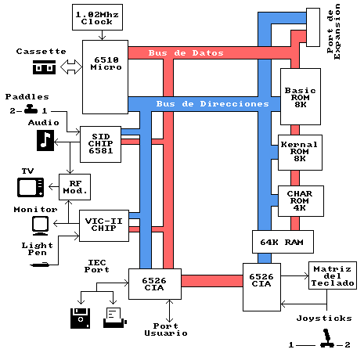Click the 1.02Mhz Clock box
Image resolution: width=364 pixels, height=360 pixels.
[97, 17]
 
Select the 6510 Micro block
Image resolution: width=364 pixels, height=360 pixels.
[105, 77]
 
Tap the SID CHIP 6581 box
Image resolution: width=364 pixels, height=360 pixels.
[100, 144]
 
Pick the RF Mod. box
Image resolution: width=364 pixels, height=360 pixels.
[74, 187]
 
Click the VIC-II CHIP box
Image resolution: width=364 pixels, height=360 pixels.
[104, 225]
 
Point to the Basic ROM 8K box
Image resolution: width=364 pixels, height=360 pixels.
[301, 96]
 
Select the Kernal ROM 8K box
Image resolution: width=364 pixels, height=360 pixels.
[300, 153]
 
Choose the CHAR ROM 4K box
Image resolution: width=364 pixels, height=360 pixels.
[301, 201]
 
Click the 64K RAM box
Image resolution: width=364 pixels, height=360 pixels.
[283, 242]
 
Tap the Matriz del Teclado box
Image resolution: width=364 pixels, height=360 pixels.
[333, 275]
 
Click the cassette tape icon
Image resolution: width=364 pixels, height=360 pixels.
[44, 67]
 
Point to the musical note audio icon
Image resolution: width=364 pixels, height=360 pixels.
[45, 141]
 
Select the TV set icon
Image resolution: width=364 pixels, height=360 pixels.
[31, 187]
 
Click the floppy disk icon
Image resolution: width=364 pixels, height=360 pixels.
[81, 319]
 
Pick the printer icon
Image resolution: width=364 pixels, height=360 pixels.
[115, 318]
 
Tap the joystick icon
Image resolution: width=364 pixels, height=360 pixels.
[326, 338]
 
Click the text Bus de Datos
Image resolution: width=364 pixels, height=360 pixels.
[186, 53]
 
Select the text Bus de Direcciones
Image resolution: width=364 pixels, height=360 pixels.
[213, 104]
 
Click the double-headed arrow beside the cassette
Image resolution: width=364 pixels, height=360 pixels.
[71, 67]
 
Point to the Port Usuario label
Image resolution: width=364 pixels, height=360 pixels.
[166, 329]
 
